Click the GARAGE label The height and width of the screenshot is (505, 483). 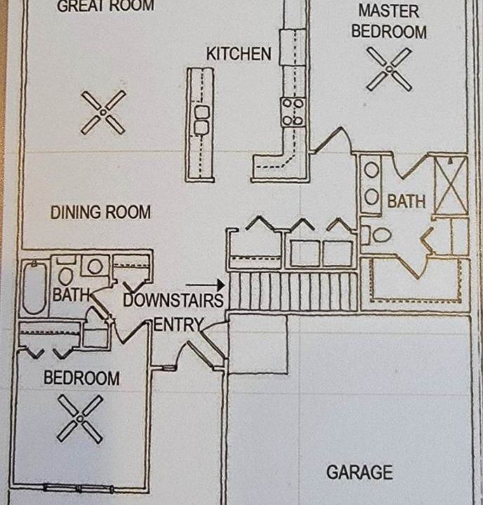pyautogui.click(x=359, y=472)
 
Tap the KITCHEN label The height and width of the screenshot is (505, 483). pyautogui.click(x=239, y=54)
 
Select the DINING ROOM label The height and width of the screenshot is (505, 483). pyautogui.click(x=100, y=213)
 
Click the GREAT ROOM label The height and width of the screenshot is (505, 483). pyautogui.click(x=105, y=7)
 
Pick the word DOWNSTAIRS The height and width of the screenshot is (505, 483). pyautogui.click(x=173, y=301)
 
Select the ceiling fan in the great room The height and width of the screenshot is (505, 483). pyautogui.click(x=103, y=112)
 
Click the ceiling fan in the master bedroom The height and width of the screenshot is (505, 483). pyautogui.click(x=389, y=69)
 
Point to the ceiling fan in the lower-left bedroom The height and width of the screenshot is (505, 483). pyautogui.click(x=80, y=418)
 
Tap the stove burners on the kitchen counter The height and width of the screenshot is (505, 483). pyautogui.click(x=293, y=112)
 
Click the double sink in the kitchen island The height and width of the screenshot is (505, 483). pyautogui.click(x=201, y=120)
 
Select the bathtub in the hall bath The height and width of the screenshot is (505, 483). pyautogui.click(x=34, y=288)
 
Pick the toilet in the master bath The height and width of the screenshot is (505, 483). pyautogui.click(x=380, y=235)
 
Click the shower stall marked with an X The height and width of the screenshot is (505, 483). pyautogui.click(x=451, y=185)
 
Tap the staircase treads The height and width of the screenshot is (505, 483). pyautogui.click(x=293, y=291)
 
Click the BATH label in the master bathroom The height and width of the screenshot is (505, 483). pyautogui.click(x=406, y=202)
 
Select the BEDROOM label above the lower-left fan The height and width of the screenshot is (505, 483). pyautogui.click(x=81, y=378)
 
